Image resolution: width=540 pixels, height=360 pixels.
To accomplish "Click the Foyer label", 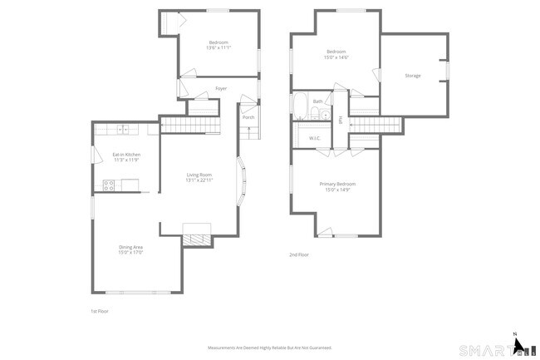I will pos(221,88).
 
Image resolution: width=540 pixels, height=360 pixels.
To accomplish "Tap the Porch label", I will pos(248,117).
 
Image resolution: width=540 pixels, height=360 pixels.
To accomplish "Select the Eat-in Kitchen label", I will pos(126,155).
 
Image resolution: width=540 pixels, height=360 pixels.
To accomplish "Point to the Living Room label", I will pos(199,175).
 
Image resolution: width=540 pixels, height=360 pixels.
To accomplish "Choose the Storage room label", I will pos(413,76).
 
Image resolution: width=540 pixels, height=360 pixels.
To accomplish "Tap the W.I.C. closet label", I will pos(315,138).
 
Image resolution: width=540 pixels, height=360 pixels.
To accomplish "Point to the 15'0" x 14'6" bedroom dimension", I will pos(336,57).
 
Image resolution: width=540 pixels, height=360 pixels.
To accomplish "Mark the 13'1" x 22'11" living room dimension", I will pos(199,180).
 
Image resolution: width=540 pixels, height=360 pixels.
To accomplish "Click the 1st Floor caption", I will pos(100,311).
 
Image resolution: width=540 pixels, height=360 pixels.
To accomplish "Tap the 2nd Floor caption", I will pos(299,254).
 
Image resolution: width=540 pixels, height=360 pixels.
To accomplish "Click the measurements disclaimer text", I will pos(269,348).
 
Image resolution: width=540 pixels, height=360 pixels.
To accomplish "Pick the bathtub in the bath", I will pos(301,106).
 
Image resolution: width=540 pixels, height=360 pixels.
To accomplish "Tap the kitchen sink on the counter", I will pos(122,130).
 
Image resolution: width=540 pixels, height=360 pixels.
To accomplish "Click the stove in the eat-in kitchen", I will pos(108,184).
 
